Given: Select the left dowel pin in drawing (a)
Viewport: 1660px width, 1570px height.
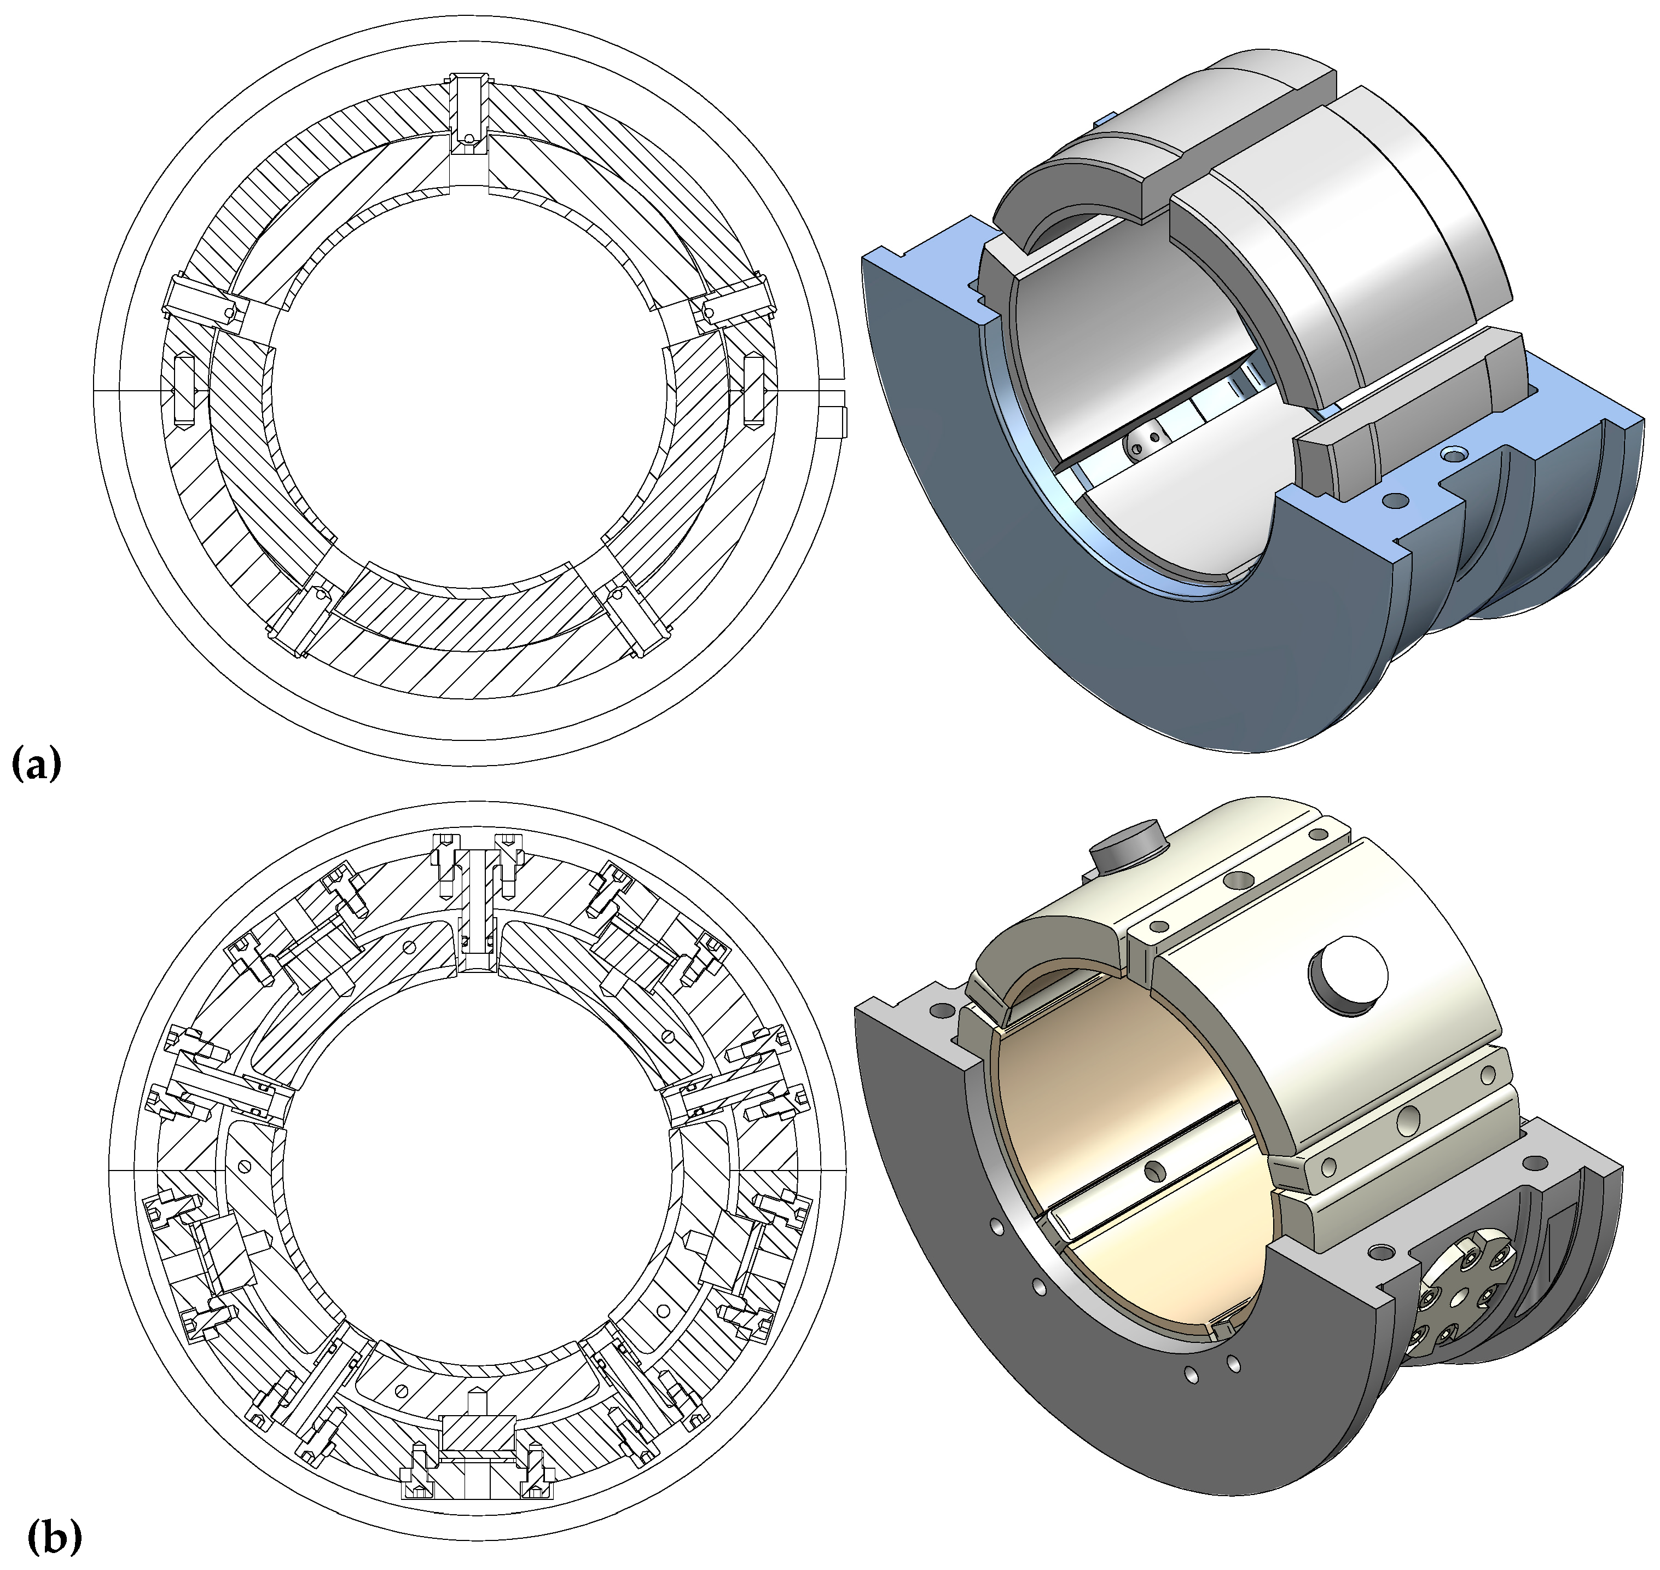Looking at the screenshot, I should (x=184, y=389).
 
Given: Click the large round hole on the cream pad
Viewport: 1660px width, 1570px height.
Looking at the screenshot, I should (x=1346, y=976).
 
